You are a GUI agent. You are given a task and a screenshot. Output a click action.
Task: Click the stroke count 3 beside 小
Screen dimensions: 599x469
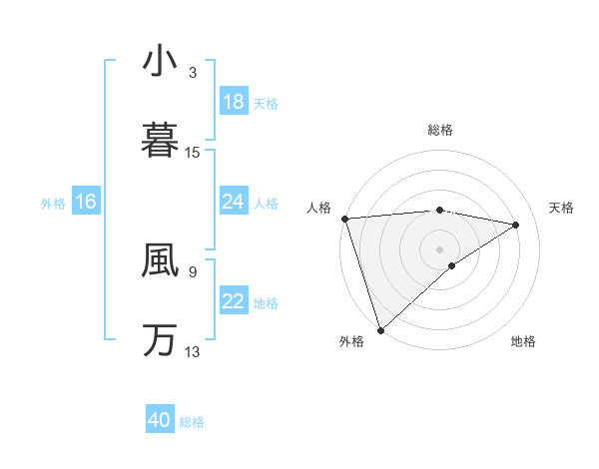click(193, 73)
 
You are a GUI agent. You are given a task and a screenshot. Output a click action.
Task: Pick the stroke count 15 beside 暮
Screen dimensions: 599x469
click(193, 152)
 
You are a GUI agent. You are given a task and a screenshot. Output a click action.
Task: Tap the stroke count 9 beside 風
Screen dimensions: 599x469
click(193, 270)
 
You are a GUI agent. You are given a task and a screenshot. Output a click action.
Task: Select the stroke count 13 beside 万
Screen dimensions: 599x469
click(193, 351)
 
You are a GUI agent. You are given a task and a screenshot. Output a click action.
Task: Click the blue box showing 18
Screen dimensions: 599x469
click(233, 102)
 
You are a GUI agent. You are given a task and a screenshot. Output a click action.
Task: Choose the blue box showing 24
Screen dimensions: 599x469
click(233, 202)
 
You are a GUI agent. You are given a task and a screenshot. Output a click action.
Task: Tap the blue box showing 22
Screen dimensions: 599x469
click(233, 301)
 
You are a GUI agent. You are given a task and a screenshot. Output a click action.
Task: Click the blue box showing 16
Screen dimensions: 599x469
click(86, 202)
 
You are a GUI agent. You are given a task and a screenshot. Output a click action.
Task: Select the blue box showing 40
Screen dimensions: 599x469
click(160, 420)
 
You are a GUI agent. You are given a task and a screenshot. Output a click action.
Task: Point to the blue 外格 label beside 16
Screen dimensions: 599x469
click(53, 203)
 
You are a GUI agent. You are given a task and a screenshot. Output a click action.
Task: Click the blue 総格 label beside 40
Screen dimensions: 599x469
click(192, 422)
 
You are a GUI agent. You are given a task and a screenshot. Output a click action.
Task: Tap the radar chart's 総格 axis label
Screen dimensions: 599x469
click(439, 130)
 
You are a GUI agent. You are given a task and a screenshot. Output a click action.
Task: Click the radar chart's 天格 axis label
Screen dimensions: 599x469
click(562, 208)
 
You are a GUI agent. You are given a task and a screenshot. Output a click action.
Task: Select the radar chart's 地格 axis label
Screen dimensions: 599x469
click(523, 342)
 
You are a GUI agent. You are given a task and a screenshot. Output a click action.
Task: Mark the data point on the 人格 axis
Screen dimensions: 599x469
click(344, 219)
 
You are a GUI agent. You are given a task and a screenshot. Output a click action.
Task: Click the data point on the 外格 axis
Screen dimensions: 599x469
click(380, 329)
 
